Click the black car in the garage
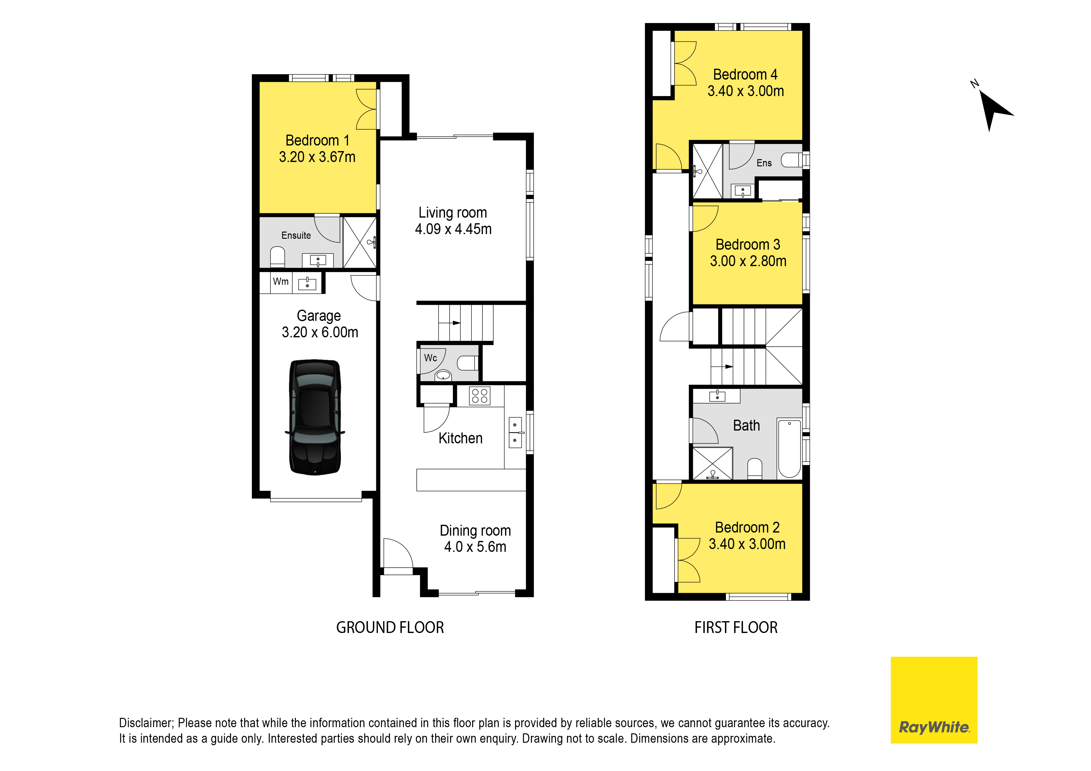pyautogui.click(x=314, y=417)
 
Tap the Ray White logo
pyautogui.click(x=934, y=700)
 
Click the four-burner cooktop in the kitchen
pyautogui.click(x=480, y=396)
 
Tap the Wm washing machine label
pyautogui.click(x=281, y=281)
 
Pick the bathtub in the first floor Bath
pyautogui.click(x=789, y=448)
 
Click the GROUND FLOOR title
pyautogui.click(x=390, y=628)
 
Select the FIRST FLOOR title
pyautogui.click(x=736, y=628)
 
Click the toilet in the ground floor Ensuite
pyautogui.click(x=277, y=257)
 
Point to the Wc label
pyautogui.click(x=430, y=358)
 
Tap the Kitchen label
pyautogui.click(x=461, y=438)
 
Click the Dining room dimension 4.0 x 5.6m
pyautogui.click(x=475, y=547)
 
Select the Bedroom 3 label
pyautogui.click(x=748, y=245)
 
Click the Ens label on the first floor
pyautogui.click(x=764, y=163)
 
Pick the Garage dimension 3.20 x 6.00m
pyautogui.click(x=320, y=332)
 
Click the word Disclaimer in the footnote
pyautogui.click(x=146, y=723)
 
